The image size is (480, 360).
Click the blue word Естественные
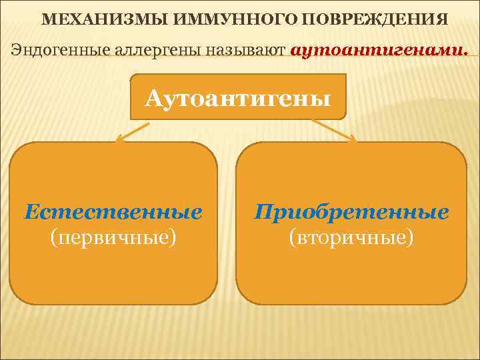point(113,212)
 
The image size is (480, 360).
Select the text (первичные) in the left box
point(113,237)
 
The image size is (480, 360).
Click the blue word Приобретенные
point(351,212)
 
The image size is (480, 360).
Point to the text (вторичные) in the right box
point(351,237)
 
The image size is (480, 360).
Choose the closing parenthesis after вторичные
point(411,237)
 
